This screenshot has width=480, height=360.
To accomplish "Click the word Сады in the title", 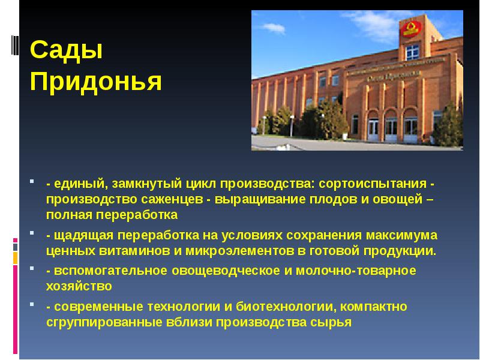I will coord(67,51).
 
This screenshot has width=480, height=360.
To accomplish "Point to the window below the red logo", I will coord(412,52).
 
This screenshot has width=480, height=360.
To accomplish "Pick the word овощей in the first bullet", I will coord(392,199).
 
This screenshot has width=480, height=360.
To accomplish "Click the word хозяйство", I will coord(79,286).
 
